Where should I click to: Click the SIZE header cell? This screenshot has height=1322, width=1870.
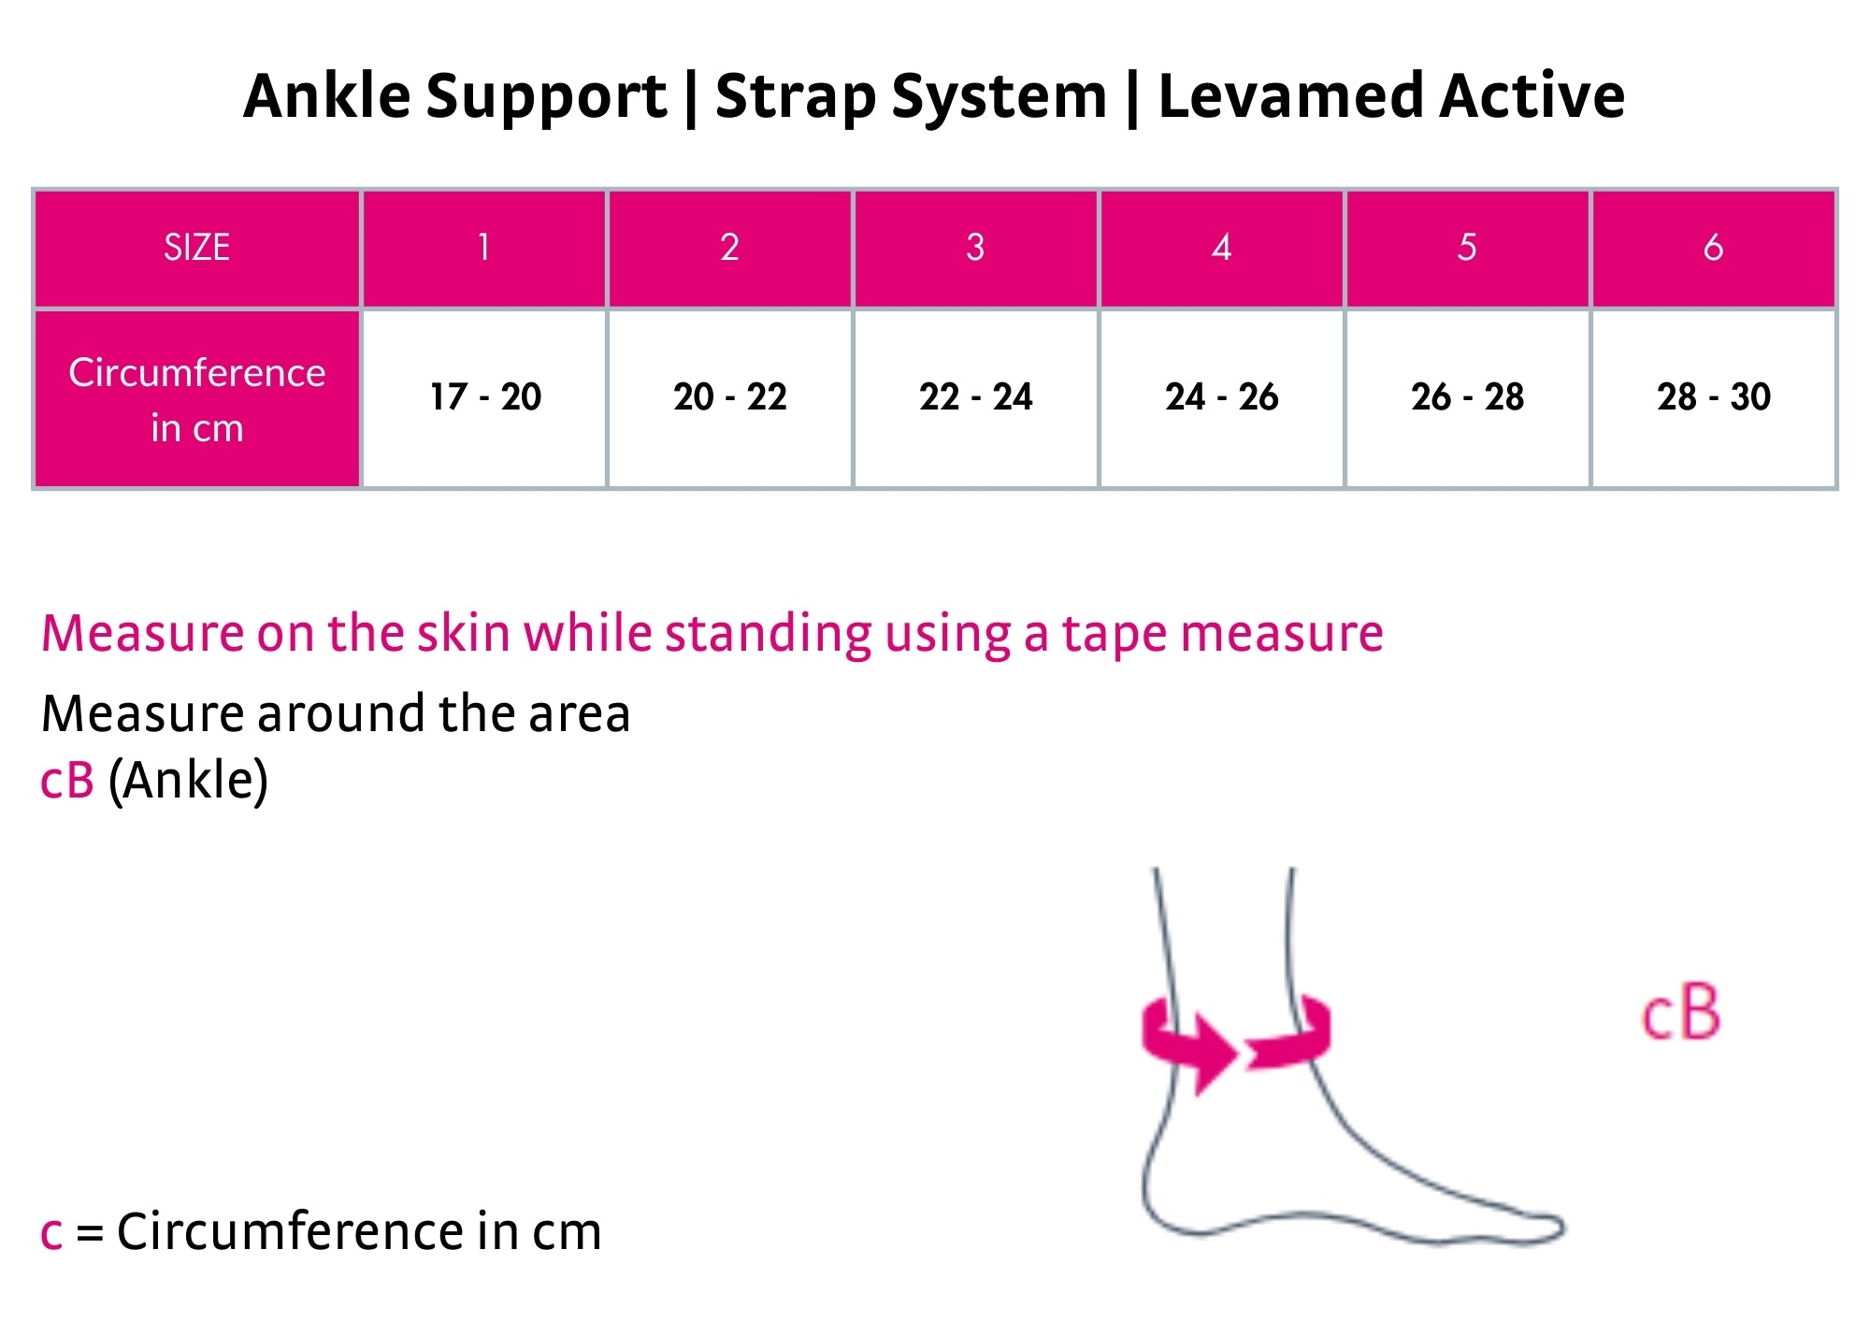(197, 248)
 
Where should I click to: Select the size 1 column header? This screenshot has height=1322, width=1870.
(484, 248)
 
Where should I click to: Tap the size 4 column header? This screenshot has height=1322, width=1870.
(1221, 248)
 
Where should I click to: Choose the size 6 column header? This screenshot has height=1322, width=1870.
(1713, 248)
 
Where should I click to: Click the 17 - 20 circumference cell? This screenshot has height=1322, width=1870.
(484, 398)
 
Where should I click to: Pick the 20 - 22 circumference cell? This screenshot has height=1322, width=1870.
(730, 398)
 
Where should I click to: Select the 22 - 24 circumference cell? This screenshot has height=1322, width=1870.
(976, 398)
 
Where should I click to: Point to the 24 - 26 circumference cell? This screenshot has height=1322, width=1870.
(1221, 398)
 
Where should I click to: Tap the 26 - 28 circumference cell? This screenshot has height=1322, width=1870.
(1467, 398)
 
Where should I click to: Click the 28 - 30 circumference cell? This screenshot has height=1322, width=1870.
(1713, 398)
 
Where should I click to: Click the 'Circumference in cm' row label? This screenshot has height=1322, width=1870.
(197, 399)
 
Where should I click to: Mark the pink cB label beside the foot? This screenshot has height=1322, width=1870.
(1681, 1013)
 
